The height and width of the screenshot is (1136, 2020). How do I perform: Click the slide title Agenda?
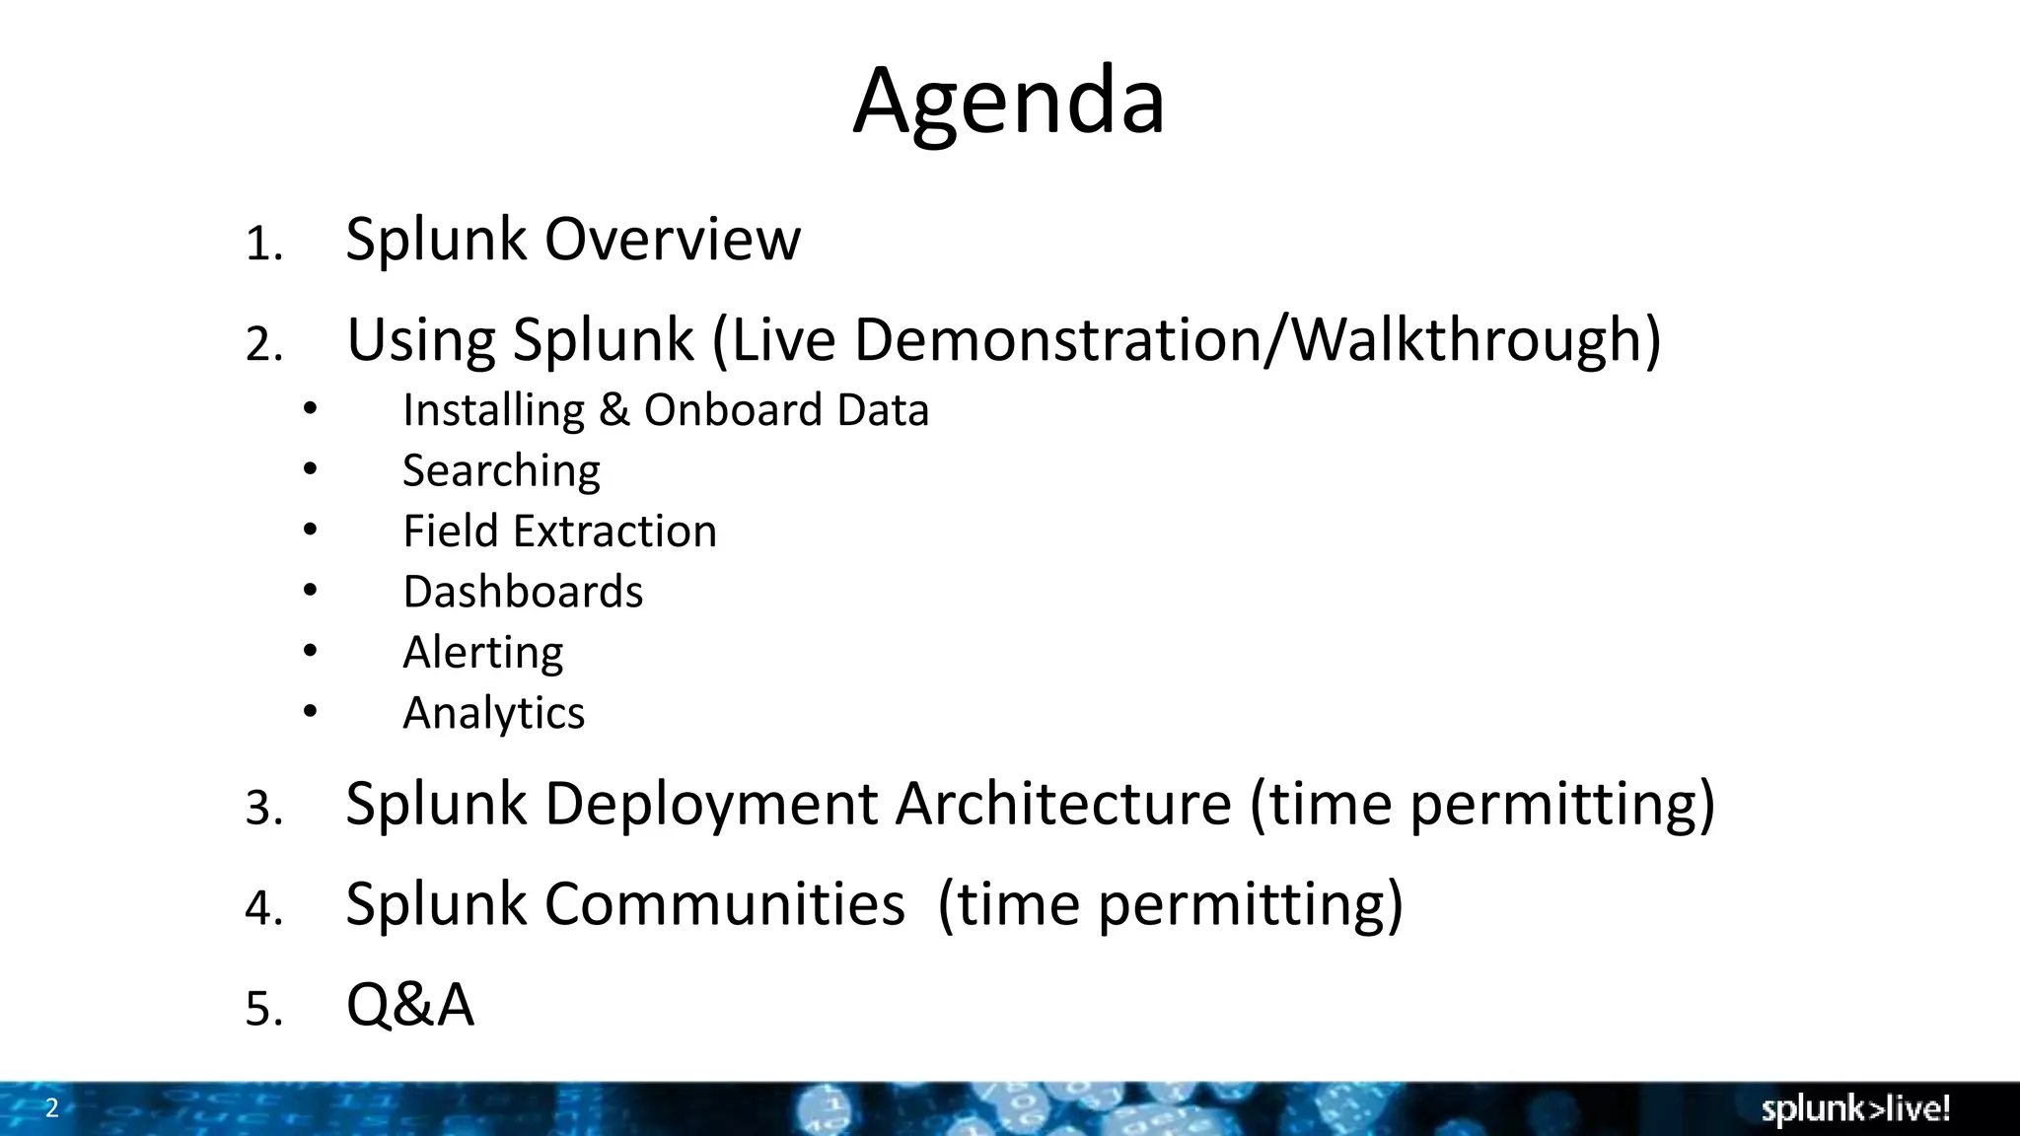tap(1008, 102)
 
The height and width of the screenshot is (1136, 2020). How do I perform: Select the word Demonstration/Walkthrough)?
tap(1257, 339)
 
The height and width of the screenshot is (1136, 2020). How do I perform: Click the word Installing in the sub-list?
tap(494, 410)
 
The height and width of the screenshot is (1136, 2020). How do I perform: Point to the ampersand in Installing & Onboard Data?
tap(613, 410)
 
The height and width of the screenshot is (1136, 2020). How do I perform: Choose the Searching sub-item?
tap(501, 471)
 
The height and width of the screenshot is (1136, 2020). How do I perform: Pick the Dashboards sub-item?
tap(523, 592)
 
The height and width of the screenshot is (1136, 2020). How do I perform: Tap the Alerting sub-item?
tap(482, 653)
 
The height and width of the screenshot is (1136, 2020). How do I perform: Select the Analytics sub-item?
tap(493, 713)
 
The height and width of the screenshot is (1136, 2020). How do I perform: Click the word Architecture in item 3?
tap(1063, 803)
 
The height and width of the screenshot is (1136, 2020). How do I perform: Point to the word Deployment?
tap(710, 805)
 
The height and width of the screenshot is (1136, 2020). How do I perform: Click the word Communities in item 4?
tap(724, 903)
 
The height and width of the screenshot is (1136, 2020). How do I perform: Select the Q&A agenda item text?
tap(409, 1005)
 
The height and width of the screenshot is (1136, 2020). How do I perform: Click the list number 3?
tap(263, 809)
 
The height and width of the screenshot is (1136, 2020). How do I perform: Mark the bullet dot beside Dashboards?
tap(311, 590)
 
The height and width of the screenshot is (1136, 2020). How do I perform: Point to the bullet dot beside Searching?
tap(311, 468)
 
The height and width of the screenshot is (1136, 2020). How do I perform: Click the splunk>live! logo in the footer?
tap(1855, 1109)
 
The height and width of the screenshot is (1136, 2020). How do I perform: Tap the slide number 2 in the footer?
tap(52, 1107)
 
